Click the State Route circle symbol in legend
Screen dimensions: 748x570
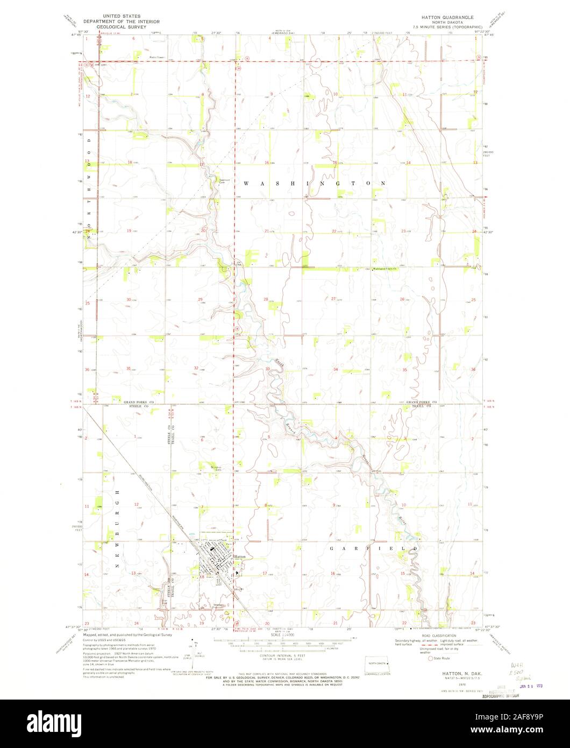pos(430,658)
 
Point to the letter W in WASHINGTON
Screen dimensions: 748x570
pos(246,184)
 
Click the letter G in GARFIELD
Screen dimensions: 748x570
pos(331,547)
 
